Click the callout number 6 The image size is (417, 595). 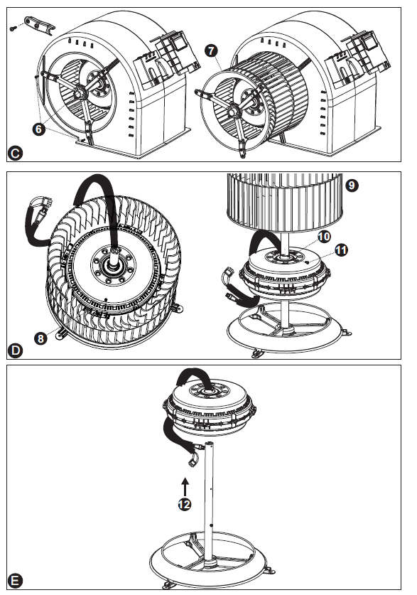tap(38, 129)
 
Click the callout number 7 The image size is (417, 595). tap(211, 50)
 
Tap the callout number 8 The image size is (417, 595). tap(41, 338)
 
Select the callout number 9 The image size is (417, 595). tap(352, 185)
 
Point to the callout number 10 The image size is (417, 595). tap(324, 237)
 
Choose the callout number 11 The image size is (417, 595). tap(341, 250)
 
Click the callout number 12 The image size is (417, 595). tap(185, 504)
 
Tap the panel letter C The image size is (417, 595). tap(15, 154)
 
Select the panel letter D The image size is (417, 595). tap(15, 350)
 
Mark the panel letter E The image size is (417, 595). tap(15, 581)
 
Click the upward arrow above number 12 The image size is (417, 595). tap(185, 487)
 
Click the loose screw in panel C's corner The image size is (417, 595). tap(13, 28)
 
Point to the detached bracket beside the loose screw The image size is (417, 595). tap(39, 23)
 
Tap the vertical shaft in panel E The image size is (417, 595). tap(208, 505)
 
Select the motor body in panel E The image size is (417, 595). tap(210, 408)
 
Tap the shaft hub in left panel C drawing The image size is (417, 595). tap(80, 92)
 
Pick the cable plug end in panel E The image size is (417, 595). tap(192, 461)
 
